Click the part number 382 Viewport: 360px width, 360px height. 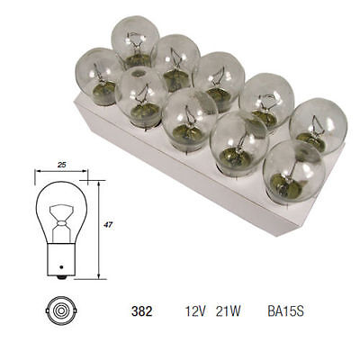(x=140, y=312)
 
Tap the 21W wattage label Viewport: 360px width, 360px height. (x=228, y=312)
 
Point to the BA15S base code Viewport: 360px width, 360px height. (x=285, y=312)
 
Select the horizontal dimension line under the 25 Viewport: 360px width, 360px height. (x=61, y=173)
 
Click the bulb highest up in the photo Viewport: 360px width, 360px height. (x=135, y=40)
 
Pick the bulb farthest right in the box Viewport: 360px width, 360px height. (x=318, y=124)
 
